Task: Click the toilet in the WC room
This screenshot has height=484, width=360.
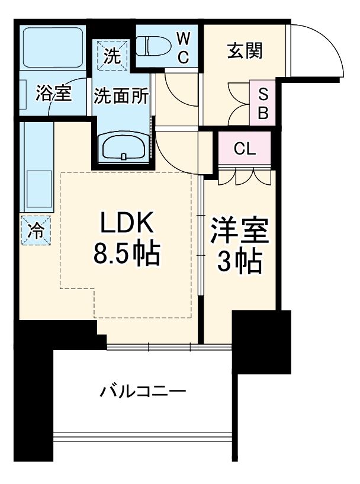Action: pyautogui.click(x=155, y=45)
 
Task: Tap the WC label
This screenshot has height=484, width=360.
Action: pyautogui.click(x=184, y=48)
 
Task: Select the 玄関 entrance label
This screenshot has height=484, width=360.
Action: pyautogui.click(x=244, y=52)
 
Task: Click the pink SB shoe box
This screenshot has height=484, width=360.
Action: pyautogui.click(x=262, y=102)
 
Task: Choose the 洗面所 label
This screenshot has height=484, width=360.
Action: pyautogui.click(x=121, y=97)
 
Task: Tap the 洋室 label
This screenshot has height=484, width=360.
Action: pyautogui.click(x=240, y=230)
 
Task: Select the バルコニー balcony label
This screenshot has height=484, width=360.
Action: pyautogui.click(x=144, y=391)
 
